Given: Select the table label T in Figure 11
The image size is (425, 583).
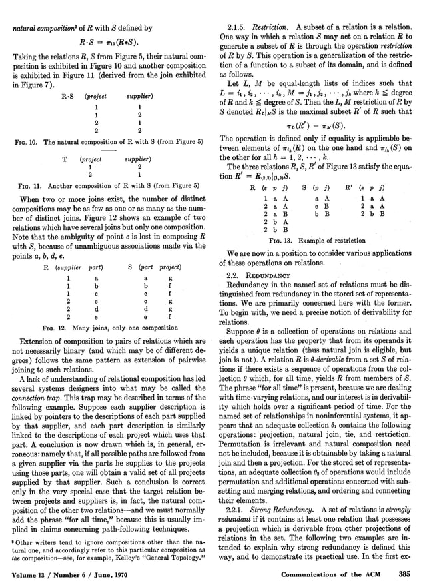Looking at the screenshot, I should tap(65, 160).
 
